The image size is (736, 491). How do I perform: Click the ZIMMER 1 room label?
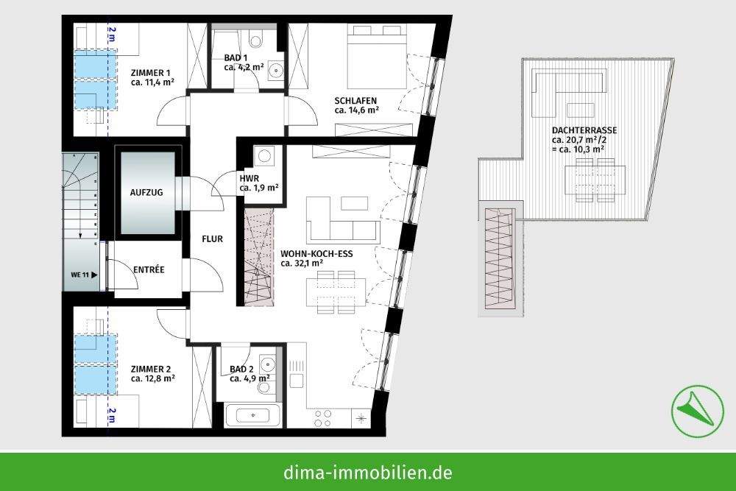tap(150, 72)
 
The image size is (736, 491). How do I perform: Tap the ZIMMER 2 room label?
tap(150, 369)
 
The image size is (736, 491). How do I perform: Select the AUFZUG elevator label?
tap(146, 192)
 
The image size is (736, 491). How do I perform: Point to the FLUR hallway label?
tap(213, 239)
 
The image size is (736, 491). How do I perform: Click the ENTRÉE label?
tap(148, 270)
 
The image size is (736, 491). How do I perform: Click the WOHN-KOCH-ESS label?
tap(316, 254)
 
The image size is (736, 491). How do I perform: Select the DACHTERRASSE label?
tap(584, 130)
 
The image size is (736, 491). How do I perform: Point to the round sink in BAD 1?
tap(275, 71)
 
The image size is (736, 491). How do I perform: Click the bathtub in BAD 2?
tap(254, 415)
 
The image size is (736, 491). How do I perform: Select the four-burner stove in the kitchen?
tap(322, 418)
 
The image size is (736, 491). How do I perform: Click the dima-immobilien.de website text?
tap(368, 472)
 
